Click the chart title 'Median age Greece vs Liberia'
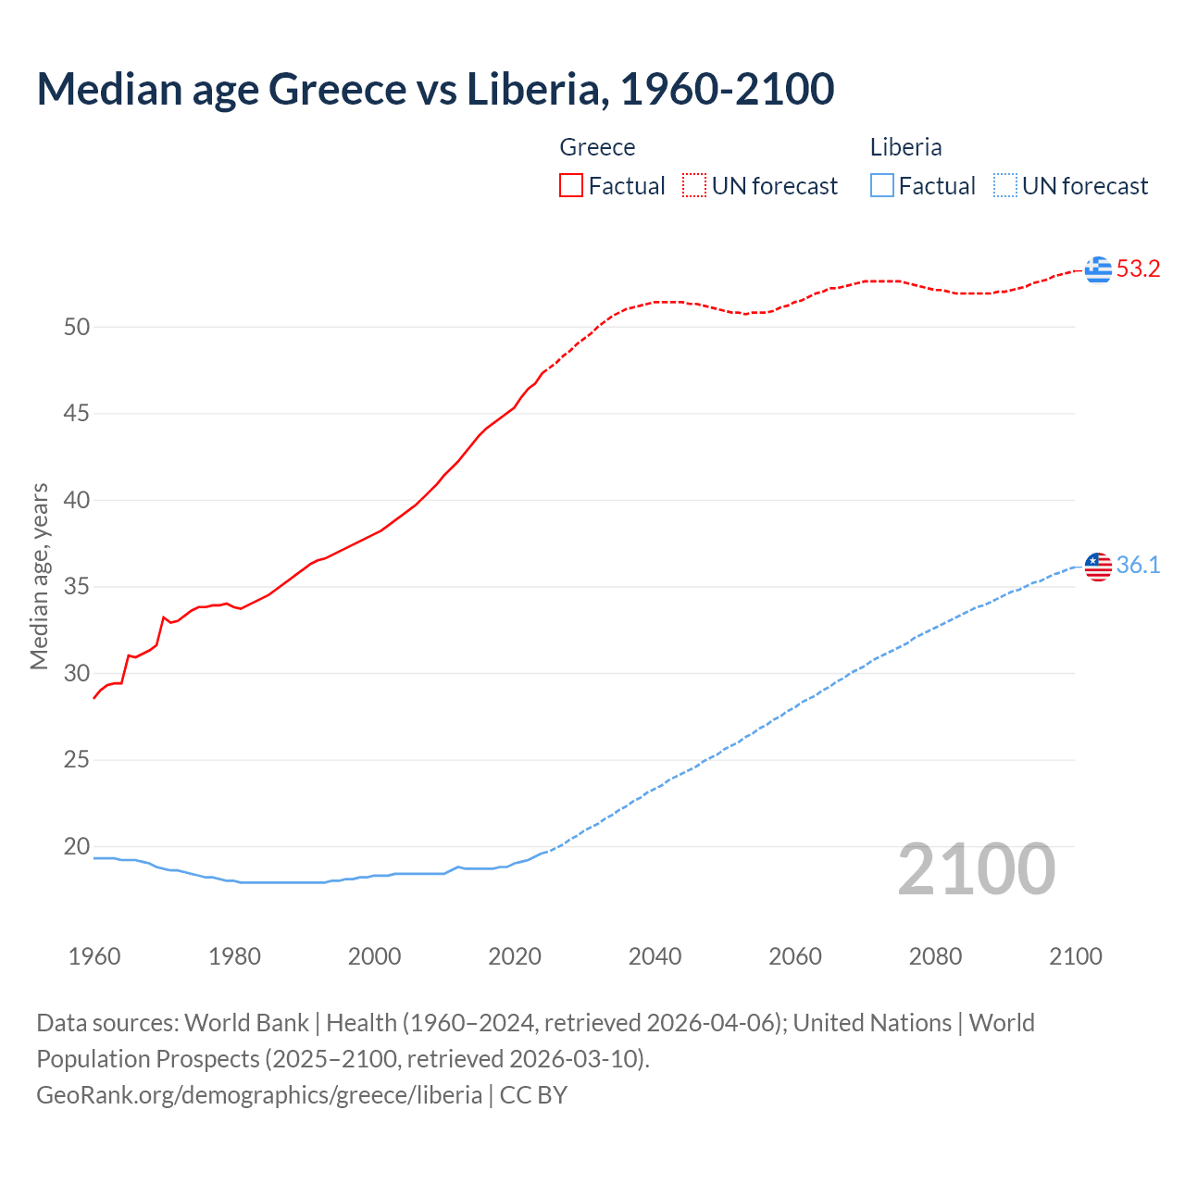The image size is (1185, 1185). [435, 89]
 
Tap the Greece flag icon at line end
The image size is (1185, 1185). [1098, 269]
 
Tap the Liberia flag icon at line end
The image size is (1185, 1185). [1098, 566]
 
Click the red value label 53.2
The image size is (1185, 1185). [1138, 269]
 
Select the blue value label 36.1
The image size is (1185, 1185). [1138, 566]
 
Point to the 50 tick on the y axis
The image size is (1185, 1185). [77, 327]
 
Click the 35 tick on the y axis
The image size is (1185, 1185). [77, 587]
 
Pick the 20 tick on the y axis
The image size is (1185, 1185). [77, 847]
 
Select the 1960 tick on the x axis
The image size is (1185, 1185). [94, 956]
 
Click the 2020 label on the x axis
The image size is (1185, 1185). [515, 956]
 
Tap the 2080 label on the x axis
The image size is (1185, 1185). [935, 956]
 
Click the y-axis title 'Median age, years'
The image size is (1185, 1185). [39, 576]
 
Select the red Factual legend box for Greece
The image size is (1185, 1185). [571, 186]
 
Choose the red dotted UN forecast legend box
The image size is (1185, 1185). [694, 186]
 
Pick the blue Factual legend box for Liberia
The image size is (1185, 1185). [881, 186]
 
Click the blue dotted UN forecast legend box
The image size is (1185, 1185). [1004, 186]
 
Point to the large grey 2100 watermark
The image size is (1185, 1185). [977, 869]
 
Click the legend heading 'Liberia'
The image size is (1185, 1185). [905, 147]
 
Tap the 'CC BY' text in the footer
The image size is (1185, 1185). [533, 1095]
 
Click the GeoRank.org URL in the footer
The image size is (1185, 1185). [259, 1095]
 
